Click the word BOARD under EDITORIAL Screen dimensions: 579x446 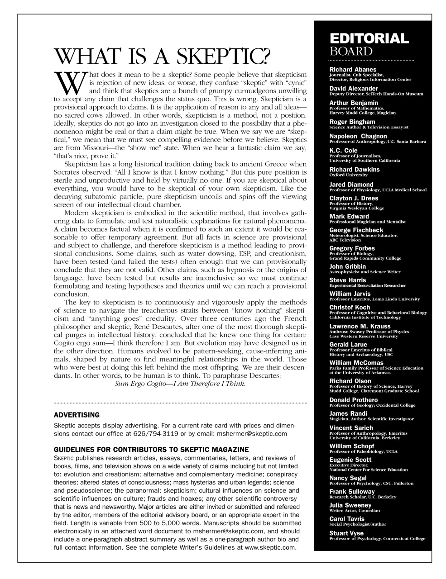click(351, 51)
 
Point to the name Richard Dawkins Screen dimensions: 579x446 click(354, 169)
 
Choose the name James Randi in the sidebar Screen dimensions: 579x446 click(348, 413)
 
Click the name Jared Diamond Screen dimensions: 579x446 click(351, 185)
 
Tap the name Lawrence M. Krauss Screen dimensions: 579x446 click(360, 326)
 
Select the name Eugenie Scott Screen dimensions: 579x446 click(350, 460)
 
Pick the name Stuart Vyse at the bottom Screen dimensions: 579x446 click(346, 533)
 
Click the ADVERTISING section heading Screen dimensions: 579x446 click(77, 415)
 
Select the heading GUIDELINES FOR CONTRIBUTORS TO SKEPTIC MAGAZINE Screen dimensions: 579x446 click(151, 449)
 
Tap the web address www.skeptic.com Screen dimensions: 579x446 click(270, 547)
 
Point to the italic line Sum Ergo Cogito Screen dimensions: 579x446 click(180, 384)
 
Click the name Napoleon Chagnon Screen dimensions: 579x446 click(358, 136)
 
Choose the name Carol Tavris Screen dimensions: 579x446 click(346, 518)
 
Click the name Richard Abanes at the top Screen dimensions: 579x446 click(353, 70)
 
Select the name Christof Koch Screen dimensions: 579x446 click(350, 308)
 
